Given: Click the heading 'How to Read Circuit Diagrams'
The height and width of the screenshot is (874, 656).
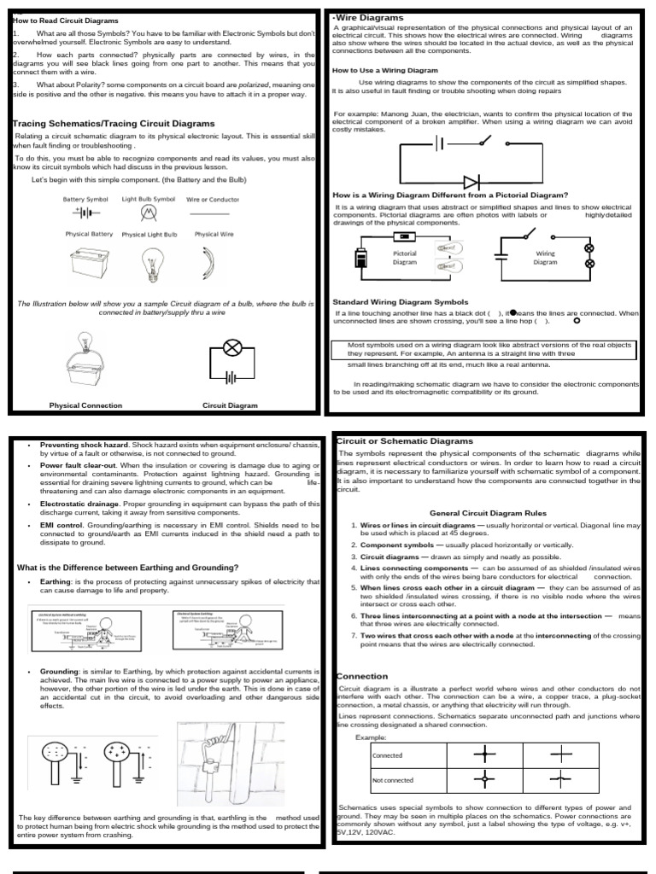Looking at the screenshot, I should tap(67, 20).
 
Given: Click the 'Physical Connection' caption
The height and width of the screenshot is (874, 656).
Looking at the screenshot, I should tap(85, 405).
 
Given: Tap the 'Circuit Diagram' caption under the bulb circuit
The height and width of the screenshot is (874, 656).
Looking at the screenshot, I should tap(229, 405).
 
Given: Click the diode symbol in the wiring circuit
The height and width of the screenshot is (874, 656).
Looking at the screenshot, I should tap(470, 182).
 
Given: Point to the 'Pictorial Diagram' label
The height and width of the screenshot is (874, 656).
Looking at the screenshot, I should tap(404, 258).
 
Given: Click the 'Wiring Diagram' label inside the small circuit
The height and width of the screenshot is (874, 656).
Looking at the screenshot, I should tap(545, 258).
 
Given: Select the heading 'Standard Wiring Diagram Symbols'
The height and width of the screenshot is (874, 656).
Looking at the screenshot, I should tap(401, 301).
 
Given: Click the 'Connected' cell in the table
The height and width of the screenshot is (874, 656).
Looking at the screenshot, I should tap(387, 755).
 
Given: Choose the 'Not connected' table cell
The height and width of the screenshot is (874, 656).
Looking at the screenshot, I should tap(393, 779).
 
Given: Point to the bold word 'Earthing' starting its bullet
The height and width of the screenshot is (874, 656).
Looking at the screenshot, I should tap(59, 580).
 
